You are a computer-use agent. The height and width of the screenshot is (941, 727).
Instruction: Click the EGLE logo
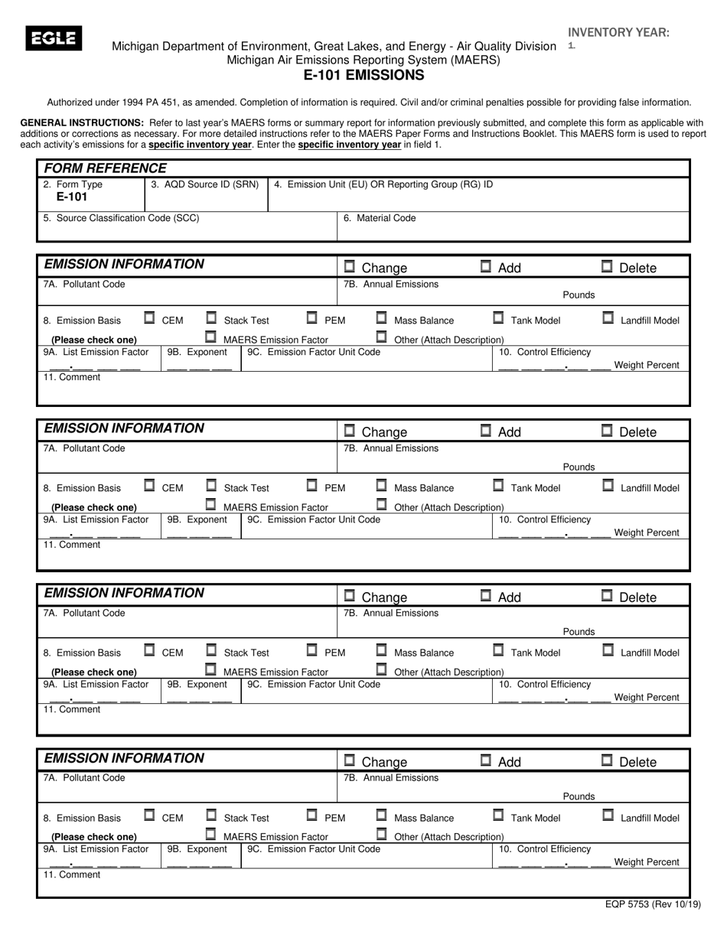(54, 38)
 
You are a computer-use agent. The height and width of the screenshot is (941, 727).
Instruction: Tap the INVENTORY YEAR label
(618, 32)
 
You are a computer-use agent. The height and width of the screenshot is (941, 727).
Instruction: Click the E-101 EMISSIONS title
(363, 75)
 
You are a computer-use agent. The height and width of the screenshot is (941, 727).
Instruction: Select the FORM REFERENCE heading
(105, 168)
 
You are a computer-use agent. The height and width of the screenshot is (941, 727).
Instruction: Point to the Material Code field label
(380, 218)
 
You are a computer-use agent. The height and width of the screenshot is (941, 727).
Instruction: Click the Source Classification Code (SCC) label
(122, 218)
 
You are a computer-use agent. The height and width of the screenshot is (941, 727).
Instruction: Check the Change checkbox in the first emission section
(350, 266)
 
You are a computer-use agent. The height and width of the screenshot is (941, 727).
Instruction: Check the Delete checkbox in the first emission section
(607, 266)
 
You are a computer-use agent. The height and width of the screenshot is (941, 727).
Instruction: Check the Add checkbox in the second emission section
(485, 431)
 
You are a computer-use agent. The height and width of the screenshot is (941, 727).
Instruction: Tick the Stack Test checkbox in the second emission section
(211, 485)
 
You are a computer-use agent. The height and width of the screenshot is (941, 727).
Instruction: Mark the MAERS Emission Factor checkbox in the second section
(210, 504)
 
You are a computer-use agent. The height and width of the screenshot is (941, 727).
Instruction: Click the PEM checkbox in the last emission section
(312, 816)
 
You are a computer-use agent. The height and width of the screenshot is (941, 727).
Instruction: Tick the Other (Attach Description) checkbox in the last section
(381, 835)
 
